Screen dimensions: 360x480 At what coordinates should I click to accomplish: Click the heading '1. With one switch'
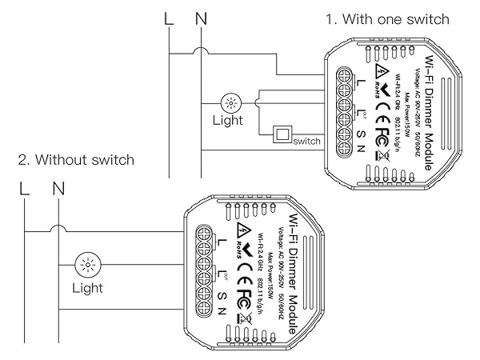(x=386, y=18)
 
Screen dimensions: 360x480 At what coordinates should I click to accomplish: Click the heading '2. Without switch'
(x=76, y=160)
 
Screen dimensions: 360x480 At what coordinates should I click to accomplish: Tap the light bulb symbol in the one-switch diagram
(x=233, y=102)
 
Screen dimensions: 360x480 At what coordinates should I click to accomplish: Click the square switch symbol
(x=282, y=134)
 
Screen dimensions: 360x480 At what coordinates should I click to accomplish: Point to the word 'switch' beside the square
(x=306, y=142)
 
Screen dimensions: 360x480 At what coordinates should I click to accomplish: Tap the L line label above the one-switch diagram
(x=168, y=16)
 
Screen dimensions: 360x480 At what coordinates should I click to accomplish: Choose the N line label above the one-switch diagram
(x=200, y=16)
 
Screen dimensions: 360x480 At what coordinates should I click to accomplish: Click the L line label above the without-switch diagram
(x=25, y=190)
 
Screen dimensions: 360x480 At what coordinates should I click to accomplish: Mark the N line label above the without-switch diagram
(x=58, y=190)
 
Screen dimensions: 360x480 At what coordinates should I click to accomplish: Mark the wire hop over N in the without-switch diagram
(x=57, y=230)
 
